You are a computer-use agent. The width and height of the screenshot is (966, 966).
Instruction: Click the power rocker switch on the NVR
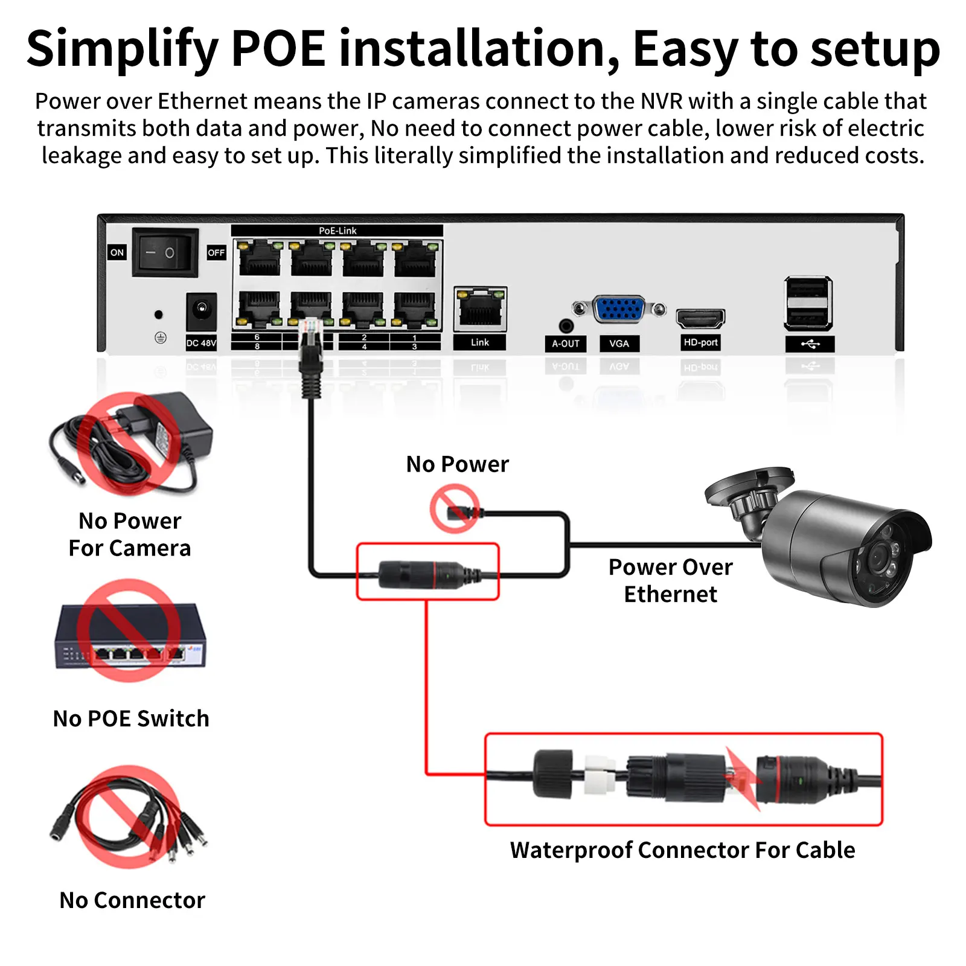165,252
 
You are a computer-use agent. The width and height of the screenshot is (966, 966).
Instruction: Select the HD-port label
700,342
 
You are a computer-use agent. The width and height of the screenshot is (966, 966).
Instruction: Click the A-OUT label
565,343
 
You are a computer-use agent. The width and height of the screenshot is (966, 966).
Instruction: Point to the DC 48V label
201,343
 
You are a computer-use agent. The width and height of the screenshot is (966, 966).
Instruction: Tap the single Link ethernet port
480,309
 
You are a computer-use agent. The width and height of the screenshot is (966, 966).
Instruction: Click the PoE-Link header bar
337,231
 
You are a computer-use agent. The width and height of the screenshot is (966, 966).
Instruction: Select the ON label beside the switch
117,252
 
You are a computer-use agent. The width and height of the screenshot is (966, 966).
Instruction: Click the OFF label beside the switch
216,252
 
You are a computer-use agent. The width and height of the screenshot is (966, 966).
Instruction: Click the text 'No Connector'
132,900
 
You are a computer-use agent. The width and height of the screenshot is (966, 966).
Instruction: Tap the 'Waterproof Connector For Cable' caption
682,849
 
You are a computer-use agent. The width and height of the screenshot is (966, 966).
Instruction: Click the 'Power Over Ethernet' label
670,580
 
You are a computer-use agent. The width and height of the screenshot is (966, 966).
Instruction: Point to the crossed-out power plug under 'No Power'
456,511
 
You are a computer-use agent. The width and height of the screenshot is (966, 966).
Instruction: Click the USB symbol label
810,344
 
